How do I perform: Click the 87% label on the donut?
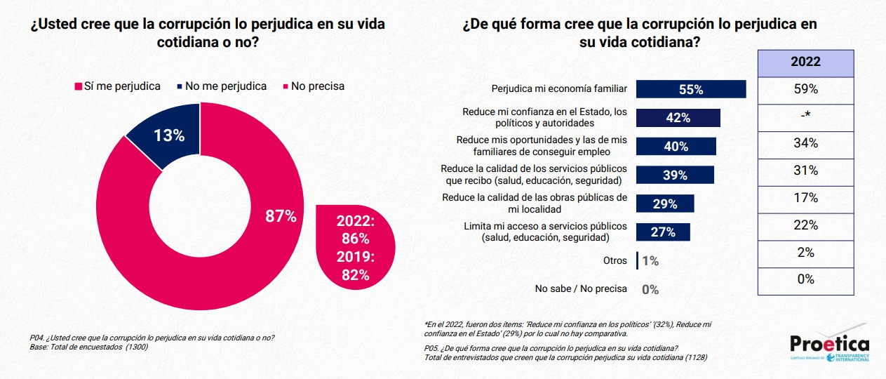coord(280,216)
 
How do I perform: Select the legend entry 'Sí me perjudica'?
coord(117,86)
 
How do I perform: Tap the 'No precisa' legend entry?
coord(313,86)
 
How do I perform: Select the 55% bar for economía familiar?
coord(690,89)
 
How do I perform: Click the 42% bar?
coord(678,117)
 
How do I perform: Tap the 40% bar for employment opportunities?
coord(676,146)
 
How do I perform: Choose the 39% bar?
coord(674,175)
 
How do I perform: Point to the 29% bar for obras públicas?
coord(664,204)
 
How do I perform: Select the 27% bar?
coord(662,232)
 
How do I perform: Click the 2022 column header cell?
coord(805,62)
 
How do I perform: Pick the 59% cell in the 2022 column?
coord(805,89)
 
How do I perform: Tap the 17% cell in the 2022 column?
coord(805,197)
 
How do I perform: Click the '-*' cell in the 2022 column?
coord(805,117)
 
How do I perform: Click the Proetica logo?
coord(829,346)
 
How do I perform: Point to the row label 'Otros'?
coord(615,260)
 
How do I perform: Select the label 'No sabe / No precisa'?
coord(581,288)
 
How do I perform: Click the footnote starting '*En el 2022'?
coord(569,329)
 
